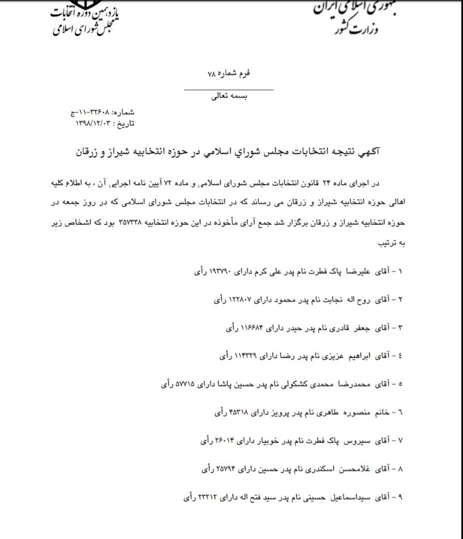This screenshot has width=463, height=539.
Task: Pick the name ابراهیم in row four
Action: click(361, 356)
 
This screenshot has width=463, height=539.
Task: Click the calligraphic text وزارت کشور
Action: click(354, 27)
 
